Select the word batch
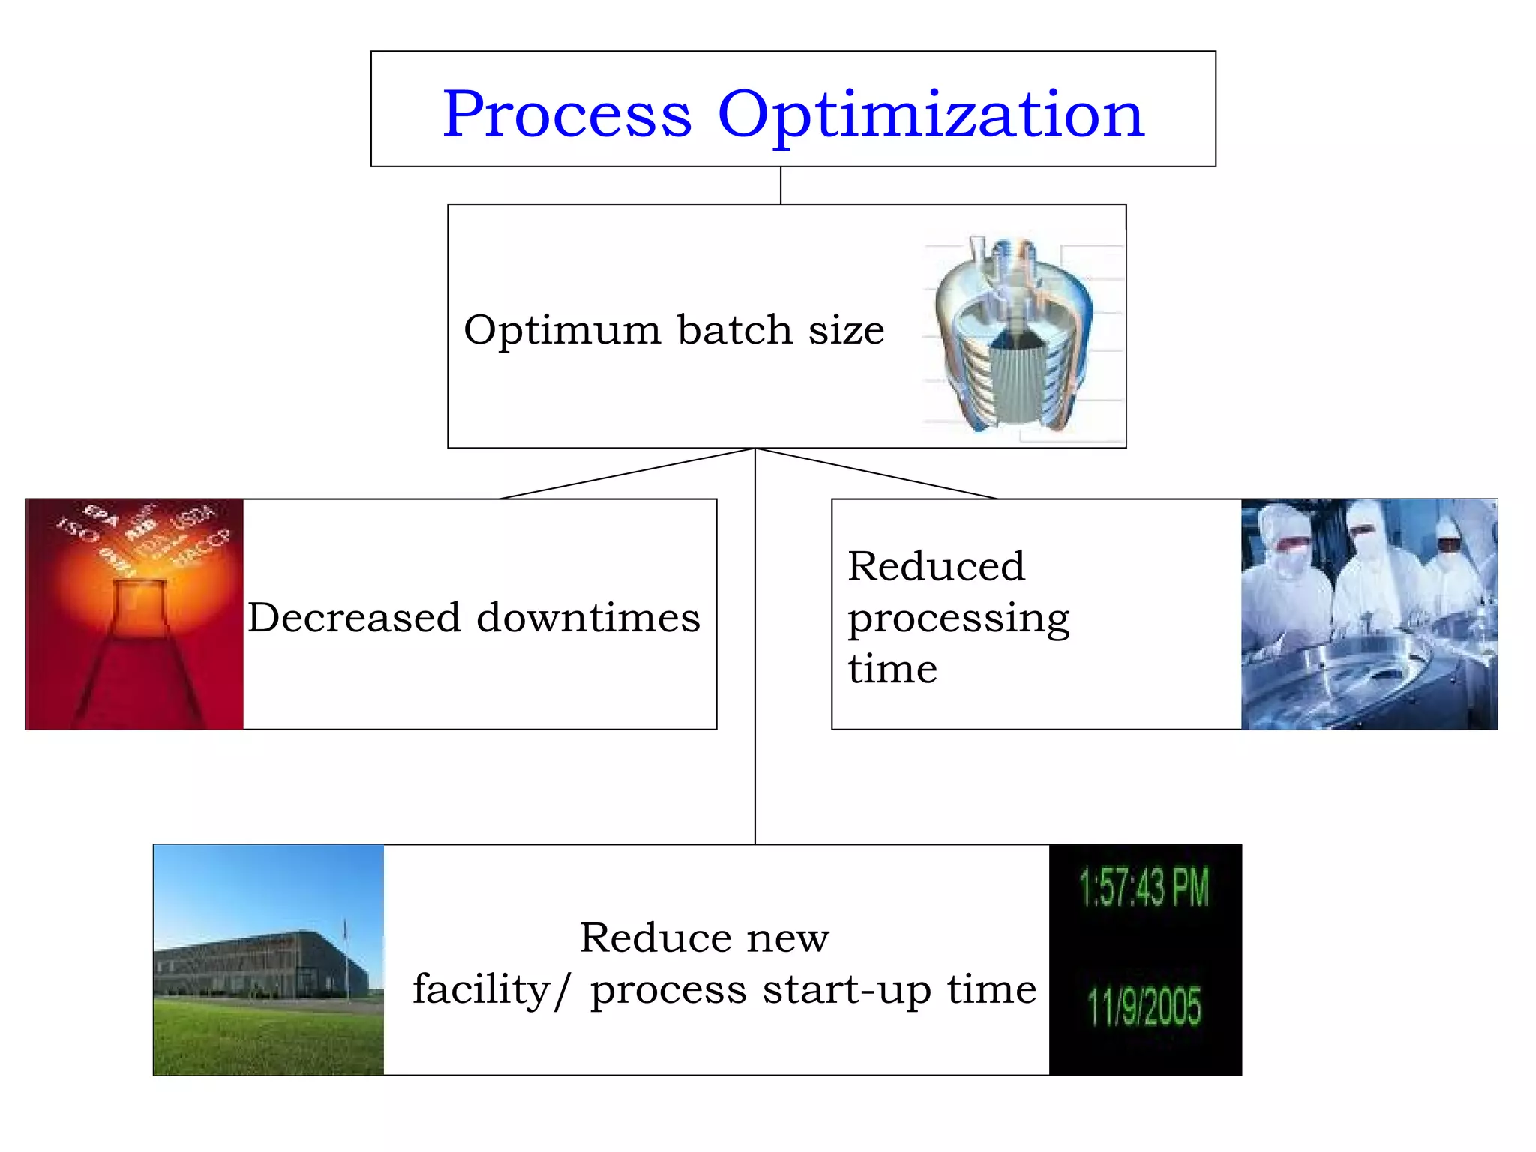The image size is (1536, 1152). pyautogui.click(x=734, y=330)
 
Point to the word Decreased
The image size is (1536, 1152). pyautogui.click(x=354, y=618)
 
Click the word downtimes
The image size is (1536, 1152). pyautogui.click(x=588, y=618)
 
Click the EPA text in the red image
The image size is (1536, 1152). pyautogui.click(x=100, y=516)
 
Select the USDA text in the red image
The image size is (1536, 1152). pyautogui.click(x=193, y=517)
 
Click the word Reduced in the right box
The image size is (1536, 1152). pyautogui.click(x=936, y=566)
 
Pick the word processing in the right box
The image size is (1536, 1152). pyautogui.click(x=958, y=619)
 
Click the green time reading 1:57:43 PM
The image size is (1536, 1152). pyautogui.click(x=1144, y=887)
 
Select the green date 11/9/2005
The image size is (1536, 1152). pyautogui.click(x=1144, y=1006)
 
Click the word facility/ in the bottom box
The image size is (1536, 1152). pyautogui.click(x=491, y=989)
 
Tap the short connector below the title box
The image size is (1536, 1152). pyautogui.click(x=781, y=185)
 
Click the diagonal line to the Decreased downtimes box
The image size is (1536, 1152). pyautogui.click(x=627, y=474)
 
